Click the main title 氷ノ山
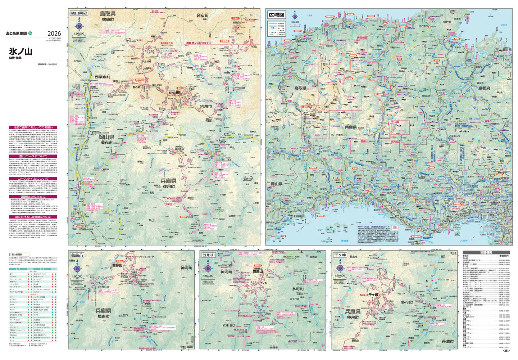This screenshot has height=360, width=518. [x=21, y=51]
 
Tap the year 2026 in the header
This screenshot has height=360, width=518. [x=54, y=33]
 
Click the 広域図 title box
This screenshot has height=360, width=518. [x=277, y=15]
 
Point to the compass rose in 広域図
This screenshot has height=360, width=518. [x=295, y=16]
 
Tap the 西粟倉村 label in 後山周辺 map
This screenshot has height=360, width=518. [x=103, y=77]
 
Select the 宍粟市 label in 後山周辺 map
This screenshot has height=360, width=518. [x=206, y=106]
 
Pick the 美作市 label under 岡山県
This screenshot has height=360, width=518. [x=107, y=143]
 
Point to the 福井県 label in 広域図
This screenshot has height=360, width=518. [x=507, y=49]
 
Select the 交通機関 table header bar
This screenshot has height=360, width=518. [x=486, y=253]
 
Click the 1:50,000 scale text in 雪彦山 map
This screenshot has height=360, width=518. [x=78, y=276]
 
